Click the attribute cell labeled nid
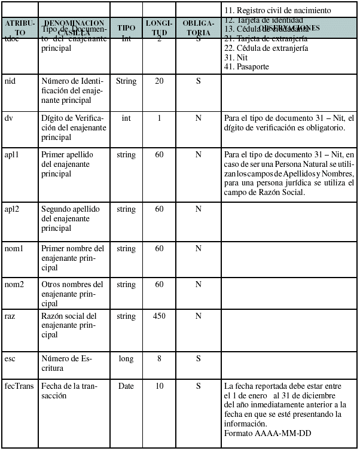click(10, 81)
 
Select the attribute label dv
click(8, 118)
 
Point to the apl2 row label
click(12, 209)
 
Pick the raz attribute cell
click(10, 316)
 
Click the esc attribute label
click(10, 359)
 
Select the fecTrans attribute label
click(19, 386)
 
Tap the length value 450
click(159, 316)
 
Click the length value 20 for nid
click(159, 81)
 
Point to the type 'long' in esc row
click(126, 359)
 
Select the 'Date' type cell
click(126, 386)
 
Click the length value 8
click(159, 359)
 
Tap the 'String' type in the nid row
click(126, 81)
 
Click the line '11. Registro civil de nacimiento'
click(276, 11)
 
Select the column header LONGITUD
click(159, 28)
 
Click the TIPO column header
click(126, 28)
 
